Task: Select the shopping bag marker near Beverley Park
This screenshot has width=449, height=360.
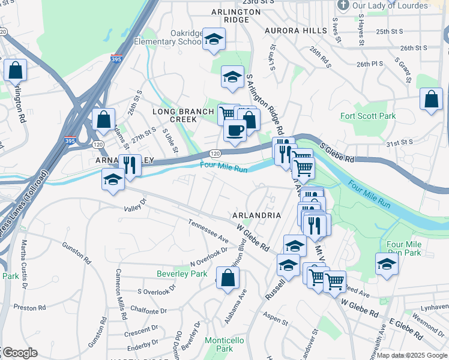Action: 228,278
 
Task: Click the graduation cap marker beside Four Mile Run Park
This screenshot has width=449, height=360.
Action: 387,264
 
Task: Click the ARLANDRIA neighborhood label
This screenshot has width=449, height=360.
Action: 256,215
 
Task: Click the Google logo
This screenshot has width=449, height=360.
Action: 19,353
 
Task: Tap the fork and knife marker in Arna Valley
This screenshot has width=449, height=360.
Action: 130,164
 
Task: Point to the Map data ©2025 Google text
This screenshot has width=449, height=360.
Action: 412,355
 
